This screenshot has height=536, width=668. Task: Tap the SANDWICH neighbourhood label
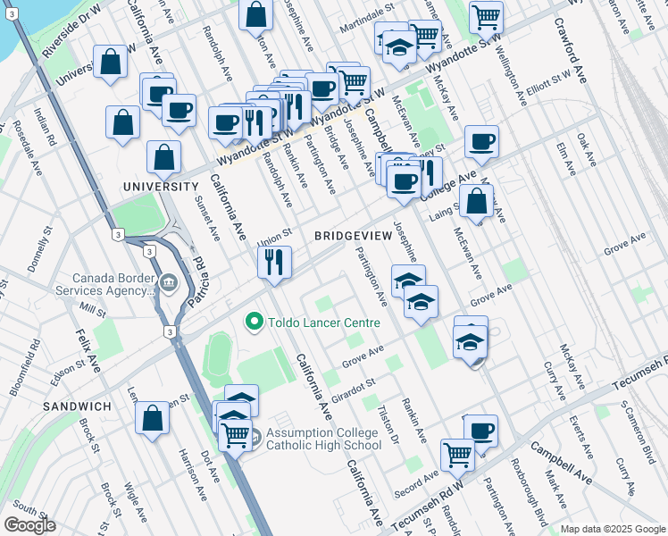tap(75, 406)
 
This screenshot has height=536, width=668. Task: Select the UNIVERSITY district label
tap(161, 187)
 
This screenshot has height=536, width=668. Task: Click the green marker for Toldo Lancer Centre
tap(255, 322)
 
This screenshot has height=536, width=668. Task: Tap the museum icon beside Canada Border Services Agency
tap(169, 284)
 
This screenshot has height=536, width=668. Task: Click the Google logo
tap(29, 525)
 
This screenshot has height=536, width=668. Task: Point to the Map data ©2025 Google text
tap(612, 529)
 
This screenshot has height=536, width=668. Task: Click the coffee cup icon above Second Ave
tap(480, 430)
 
